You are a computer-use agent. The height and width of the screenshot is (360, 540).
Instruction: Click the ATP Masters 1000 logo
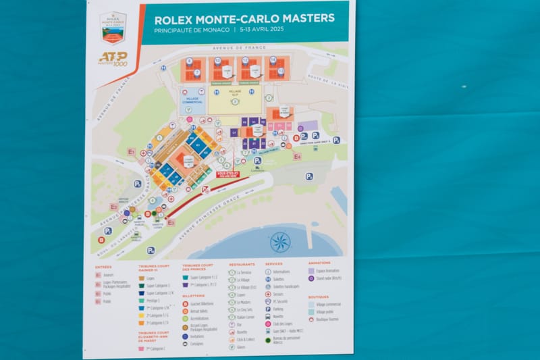point(113,59)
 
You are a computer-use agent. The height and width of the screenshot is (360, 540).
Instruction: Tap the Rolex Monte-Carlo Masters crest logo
point(113,27)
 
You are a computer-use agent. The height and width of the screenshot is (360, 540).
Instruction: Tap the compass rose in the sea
point(279,241)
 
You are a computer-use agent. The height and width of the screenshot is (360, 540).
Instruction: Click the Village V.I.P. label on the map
point(235,95)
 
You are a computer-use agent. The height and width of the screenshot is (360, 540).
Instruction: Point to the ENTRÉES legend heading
point(103,267)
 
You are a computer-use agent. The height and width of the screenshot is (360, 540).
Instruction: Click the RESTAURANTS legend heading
point(242,263)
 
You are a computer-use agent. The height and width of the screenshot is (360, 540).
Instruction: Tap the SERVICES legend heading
point(274,263)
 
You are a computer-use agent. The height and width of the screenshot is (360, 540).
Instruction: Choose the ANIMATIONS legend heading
point(319,263)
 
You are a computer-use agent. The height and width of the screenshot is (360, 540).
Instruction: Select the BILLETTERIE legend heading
point(194,295)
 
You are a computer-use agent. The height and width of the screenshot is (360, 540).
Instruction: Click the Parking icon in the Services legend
point(269,309)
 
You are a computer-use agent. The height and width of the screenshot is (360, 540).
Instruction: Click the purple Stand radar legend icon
point(311,278)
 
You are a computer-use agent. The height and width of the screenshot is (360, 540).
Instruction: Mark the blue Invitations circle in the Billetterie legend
point(185,336)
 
